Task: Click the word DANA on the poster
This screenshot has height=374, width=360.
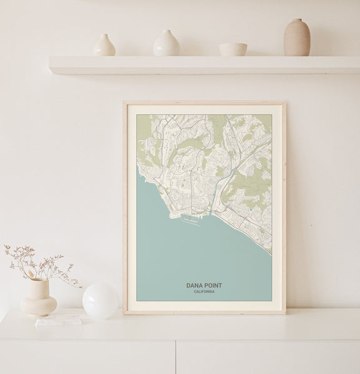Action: (195, 285)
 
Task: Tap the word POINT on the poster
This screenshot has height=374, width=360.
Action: (213, 285)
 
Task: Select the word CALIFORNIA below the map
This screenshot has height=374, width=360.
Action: (204, 292)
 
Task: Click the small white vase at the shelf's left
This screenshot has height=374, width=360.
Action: (104, 46)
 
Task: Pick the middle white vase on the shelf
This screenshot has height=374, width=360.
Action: (167, 44)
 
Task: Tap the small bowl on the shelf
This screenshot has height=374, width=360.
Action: (233, 49)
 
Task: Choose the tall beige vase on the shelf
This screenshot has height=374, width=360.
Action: (297, 38)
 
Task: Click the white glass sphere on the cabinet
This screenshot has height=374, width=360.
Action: (100, 301)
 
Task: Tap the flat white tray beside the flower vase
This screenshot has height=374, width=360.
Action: (59, 320)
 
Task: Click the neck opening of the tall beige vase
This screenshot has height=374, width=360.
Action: (297, 21)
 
